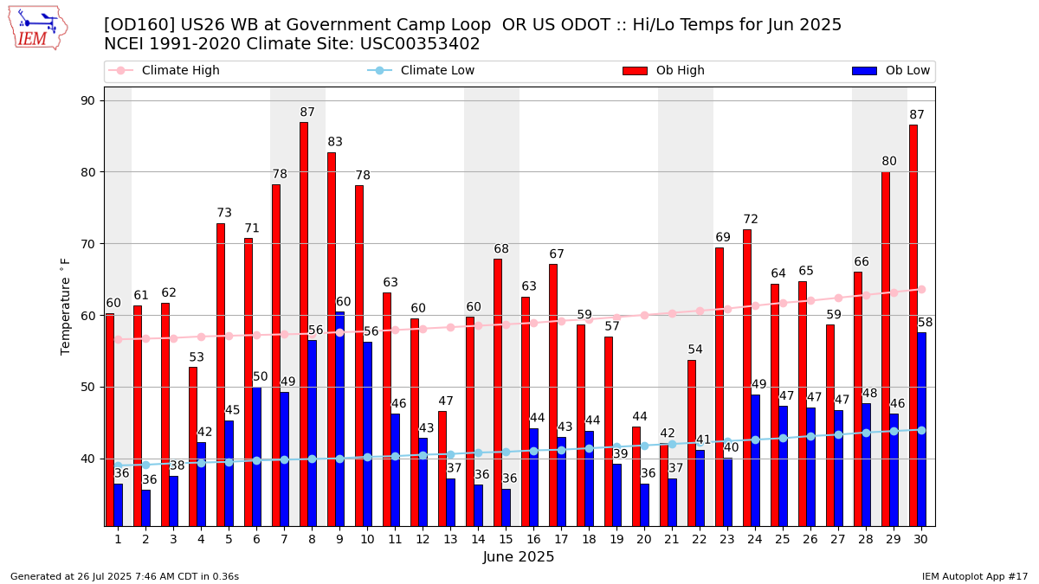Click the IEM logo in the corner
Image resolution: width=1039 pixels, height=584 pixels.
click(x=37, y=28)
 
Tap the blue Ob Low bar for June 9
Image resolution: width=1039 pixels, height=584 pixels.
click(x=340, y=419)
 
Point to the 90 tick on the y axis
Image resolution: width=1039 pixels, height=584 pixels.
click(x=89, y=100)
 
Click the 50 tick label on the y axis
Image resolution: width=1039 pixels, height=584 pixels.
click(x=89, y=387)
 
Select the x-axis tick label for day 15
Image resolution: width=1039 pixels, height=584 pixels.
click(x=506, y=539)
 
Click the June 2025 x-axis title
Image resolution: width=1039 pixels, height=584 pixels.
click(x=519, y=557)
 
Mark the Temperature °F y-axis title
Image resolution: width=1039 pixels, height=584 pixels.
click(x=66, y=306)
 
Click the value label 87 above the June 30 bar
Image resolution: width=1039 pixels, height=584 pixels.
click(x=917, y=115)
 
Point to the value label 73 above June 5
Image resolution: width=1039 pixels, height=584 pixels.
click(x=224, y=213)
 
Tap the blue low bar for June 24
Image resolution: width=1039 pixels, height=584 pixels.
click(x=756, y=459)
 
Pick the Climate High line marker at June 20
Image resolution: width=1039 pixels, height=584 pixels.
click(x=644, y=315)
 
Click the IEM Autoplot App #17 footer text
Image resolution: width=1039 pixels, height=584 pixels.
click(x=974, y=576)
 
